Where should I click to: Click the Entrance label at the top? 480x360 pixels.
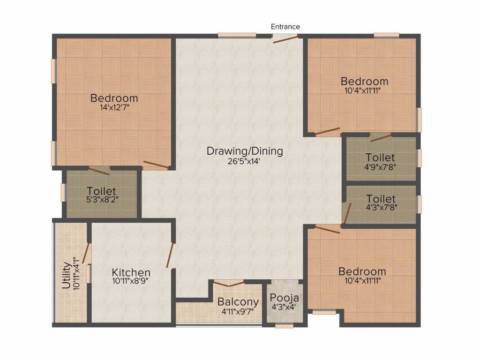point(285,27)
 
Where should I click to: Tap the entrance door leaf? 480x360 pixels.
point(285,39)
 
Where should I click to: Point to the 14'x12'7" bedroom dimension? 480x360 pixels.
point(114,107)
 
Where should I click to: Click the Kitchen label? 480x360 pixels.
point(131,272)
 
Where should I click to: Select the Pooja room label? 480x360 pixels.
point(284,298)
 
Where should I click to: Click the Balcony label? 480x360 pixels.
point(238,302)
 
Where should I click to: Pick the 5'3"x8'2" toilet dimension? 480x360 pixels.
point(102,200)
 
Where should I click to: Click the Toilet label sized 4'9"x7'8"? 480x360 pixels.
point(380,157)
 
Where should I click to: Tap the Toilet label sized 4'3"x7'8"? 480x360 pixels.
point(381,199)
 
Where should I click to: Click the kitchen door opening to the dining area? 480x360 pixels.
point(171,255)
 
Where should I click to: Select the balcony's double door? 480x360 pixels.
point(229,283)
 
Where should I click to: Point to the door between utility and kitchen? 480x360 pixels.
point(86,253)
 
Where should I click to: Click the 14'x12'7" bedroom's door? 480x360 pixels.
point(157,164)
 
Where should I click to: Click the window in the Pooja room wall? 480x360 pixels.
point(284,325)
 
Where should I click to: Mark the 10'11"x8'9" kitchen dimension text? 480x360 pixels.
point(131,281)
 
